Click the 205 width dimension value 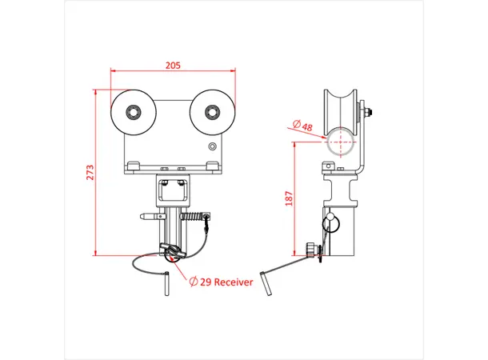tap(173, 66)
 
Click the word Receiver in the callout tap(234, 282)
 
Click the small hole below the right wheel tap(212, 146)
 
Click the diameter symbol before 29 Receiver tap(194, 282)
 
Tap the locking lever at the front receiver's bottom tap(172, 252)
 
